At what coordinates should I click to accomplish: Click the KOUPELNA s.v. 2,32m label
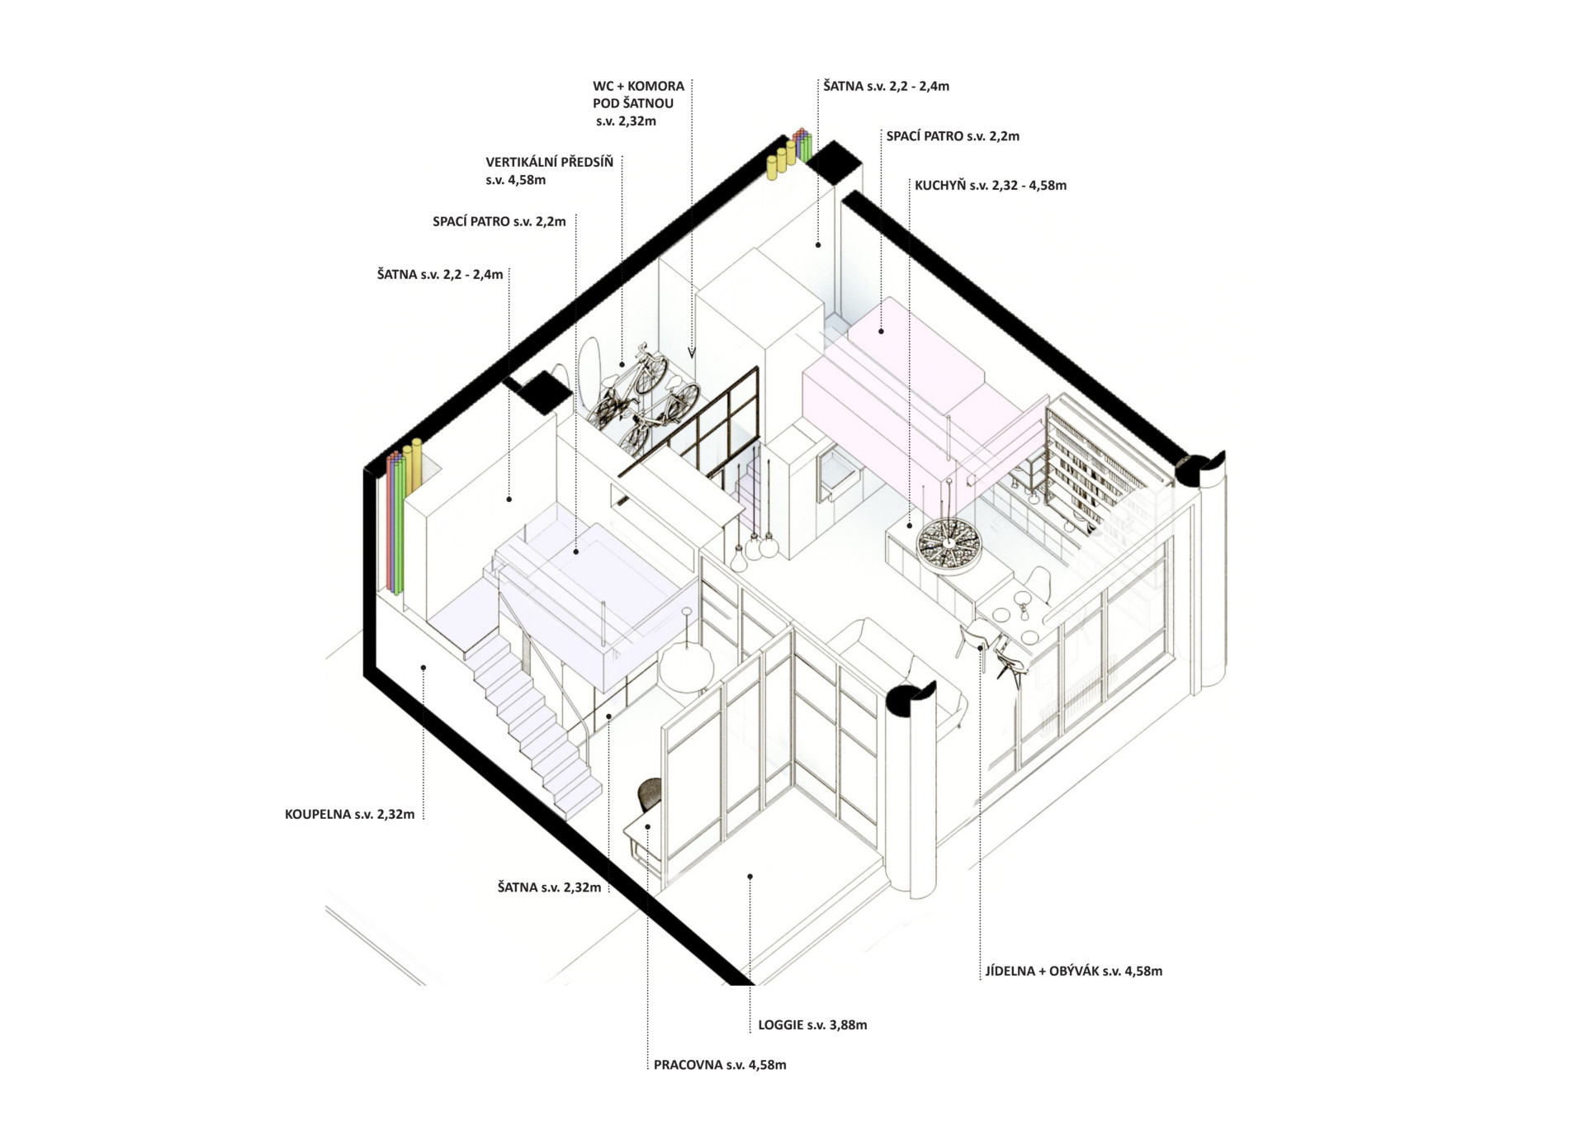click(349, 815)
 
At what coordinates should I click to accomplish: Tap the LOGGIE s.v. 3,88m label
click(812, 1025)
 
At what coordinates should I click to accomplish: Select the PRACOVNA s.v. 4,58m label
click(720, 1065)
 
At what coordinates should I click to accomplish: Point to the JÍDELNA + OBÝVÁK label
click(1042, 972)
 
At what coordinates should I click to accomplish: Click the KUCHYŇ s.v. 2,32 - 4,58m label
click(991, 186)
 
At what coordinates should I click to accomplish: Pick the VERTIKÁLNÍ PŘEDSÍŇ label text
click(549, 163)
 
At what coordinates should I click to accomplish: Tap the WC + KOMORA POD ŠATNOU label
click(638, 103)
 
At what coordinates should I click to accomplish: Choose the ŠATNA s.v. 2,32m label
click(549, 888)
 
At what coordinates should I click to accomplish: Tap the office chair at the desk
click(651, 794)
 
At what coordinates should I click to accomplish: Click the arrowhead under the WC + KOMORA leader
click(692, 352)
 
